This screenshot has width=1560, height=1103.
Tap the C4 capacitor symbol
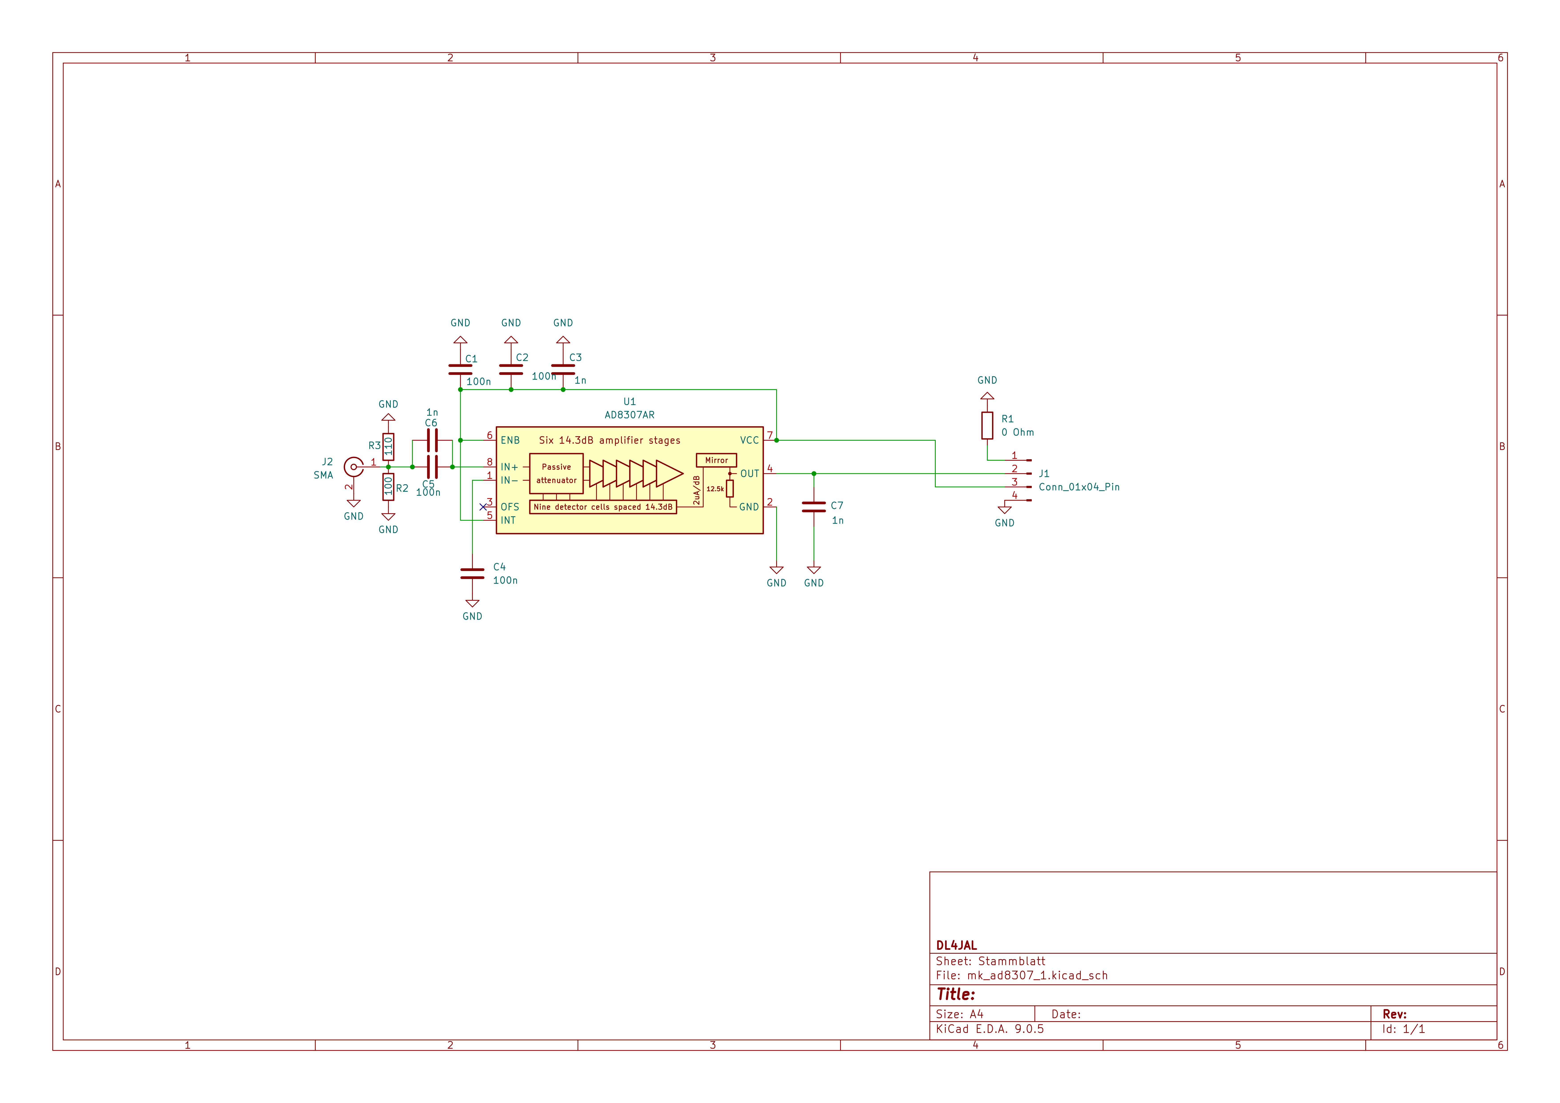tap(472, 574)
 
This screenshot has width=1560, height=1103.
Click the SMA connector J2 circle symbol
tap(353, 467)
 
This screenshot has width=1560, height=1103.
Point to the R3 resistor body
tap(388, 447)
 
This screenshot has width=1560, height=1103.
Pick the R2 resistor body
tap(388, 487)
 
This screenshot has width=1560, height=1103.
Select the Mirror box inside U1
tap(716, 460)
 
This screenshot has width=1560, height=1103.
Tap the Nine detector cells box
tap(603, 507)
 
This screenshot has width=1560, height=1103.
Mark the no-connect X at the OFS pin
tap(483, 507)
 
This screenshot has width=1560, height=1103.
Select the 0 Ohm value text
tap(1017, 432)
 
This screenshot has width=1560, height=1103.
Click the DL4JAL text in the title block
tap(956, 945)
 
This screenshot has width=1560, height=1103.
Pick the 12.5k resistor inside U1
tap(730, 489)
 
